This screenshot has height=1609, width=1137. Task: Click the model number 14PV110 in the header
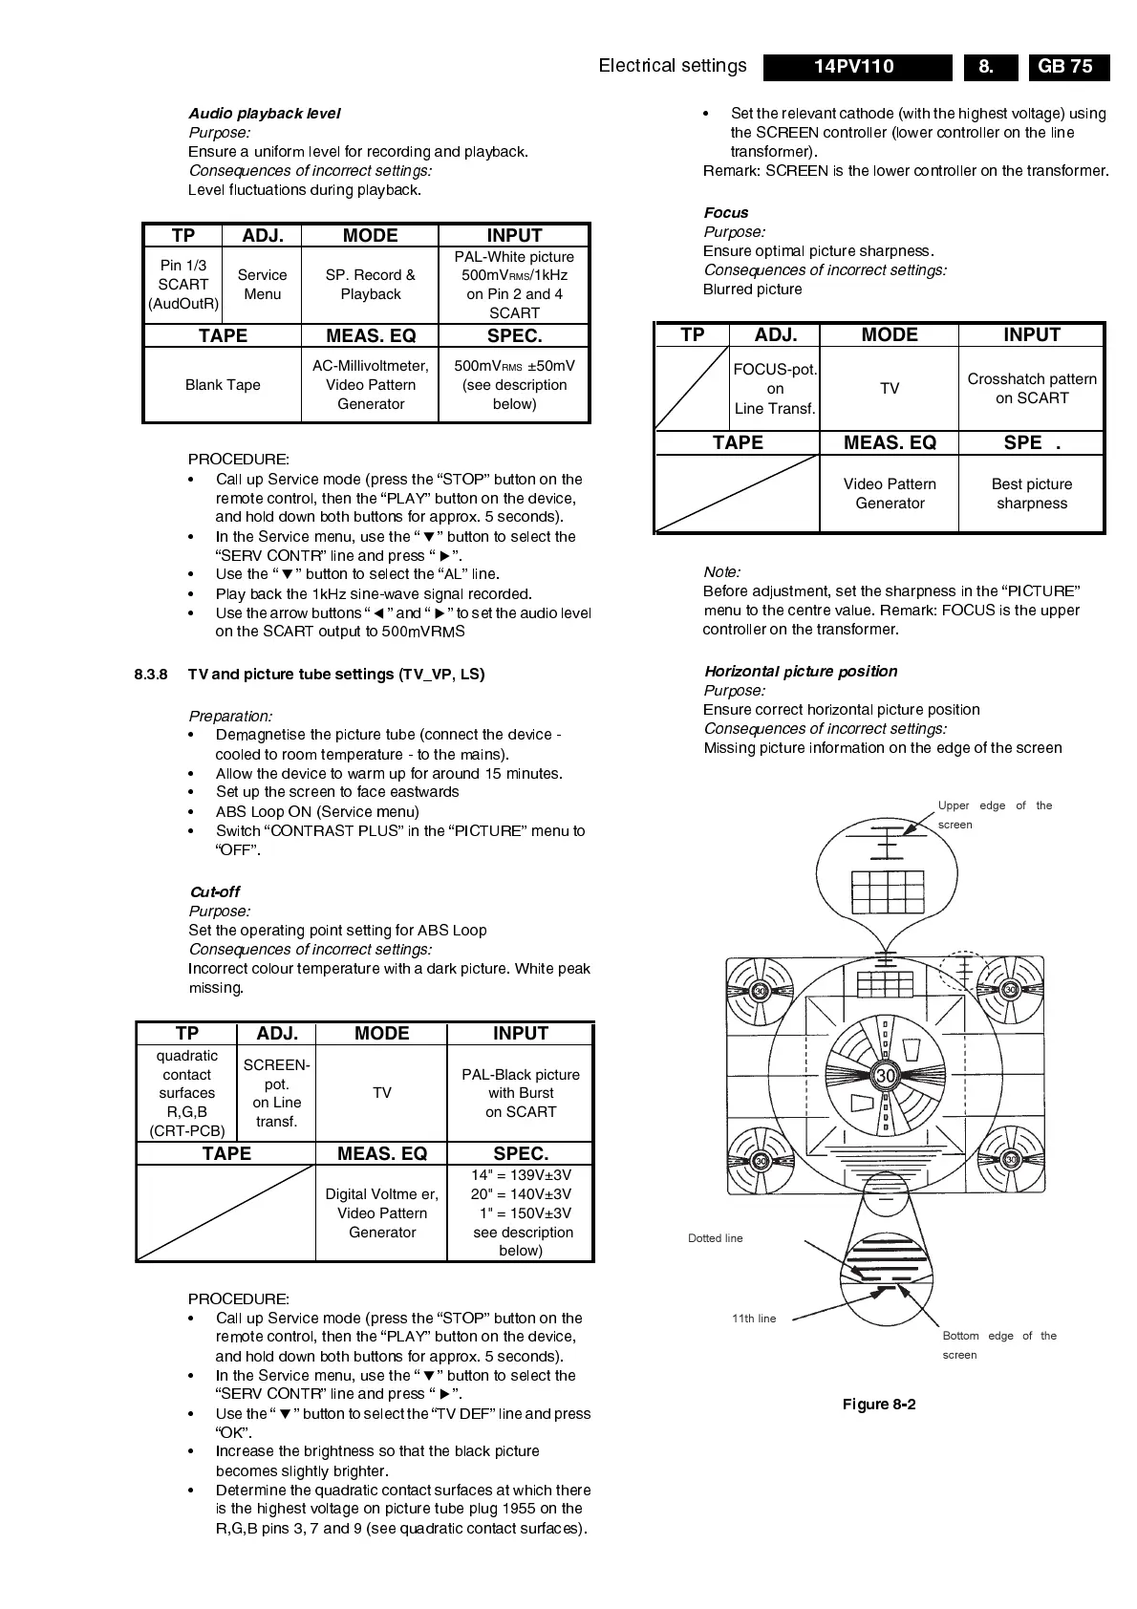coord(854,66)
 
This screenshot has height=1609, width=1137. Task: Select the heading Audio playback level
coord(264,113)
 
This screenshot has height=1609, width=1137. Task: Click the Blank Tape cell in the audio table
coord(223,385)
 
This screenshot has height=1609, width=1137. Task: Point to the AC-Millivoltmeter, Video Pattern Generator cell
coord(371,385)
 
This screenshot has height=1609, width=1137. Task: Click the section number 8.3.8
coord(151,675)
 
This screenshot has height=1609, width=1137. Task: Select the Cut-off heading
coord(215,891)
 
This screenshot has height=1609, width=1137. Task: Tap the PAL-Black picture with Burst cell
coord(521,1093)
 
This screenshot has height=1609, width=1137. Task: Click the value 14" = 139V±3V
coord(521,1175)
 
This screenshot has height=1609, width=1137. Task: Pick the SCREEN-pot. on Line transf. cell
coord(276,1093)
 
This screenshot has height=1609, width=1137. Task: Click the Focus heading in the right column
coord(726,213)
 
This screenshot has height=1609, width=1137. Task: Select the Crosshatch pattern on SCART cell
coord(1032,389)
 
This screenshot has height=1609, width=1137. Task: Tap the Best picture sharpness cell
coord(1032,494)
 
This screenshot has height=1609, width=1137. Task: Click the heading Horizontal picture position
coord(801,672)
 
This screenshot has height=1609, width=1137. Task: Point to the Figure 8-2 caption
coord(879,1405)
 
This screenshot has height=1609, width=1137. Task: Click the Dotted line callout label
coord(715,1238)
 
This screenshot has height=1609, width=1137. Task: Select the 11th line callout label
coord(754,1319)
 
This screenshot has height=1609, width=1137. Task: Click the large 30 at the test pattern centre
coord(886,1076)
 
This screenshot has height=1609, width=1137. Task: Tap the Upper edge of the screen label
coord(994,815)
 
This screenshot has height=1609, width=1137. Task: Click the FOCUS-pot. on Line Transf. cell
coord(775,389)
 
